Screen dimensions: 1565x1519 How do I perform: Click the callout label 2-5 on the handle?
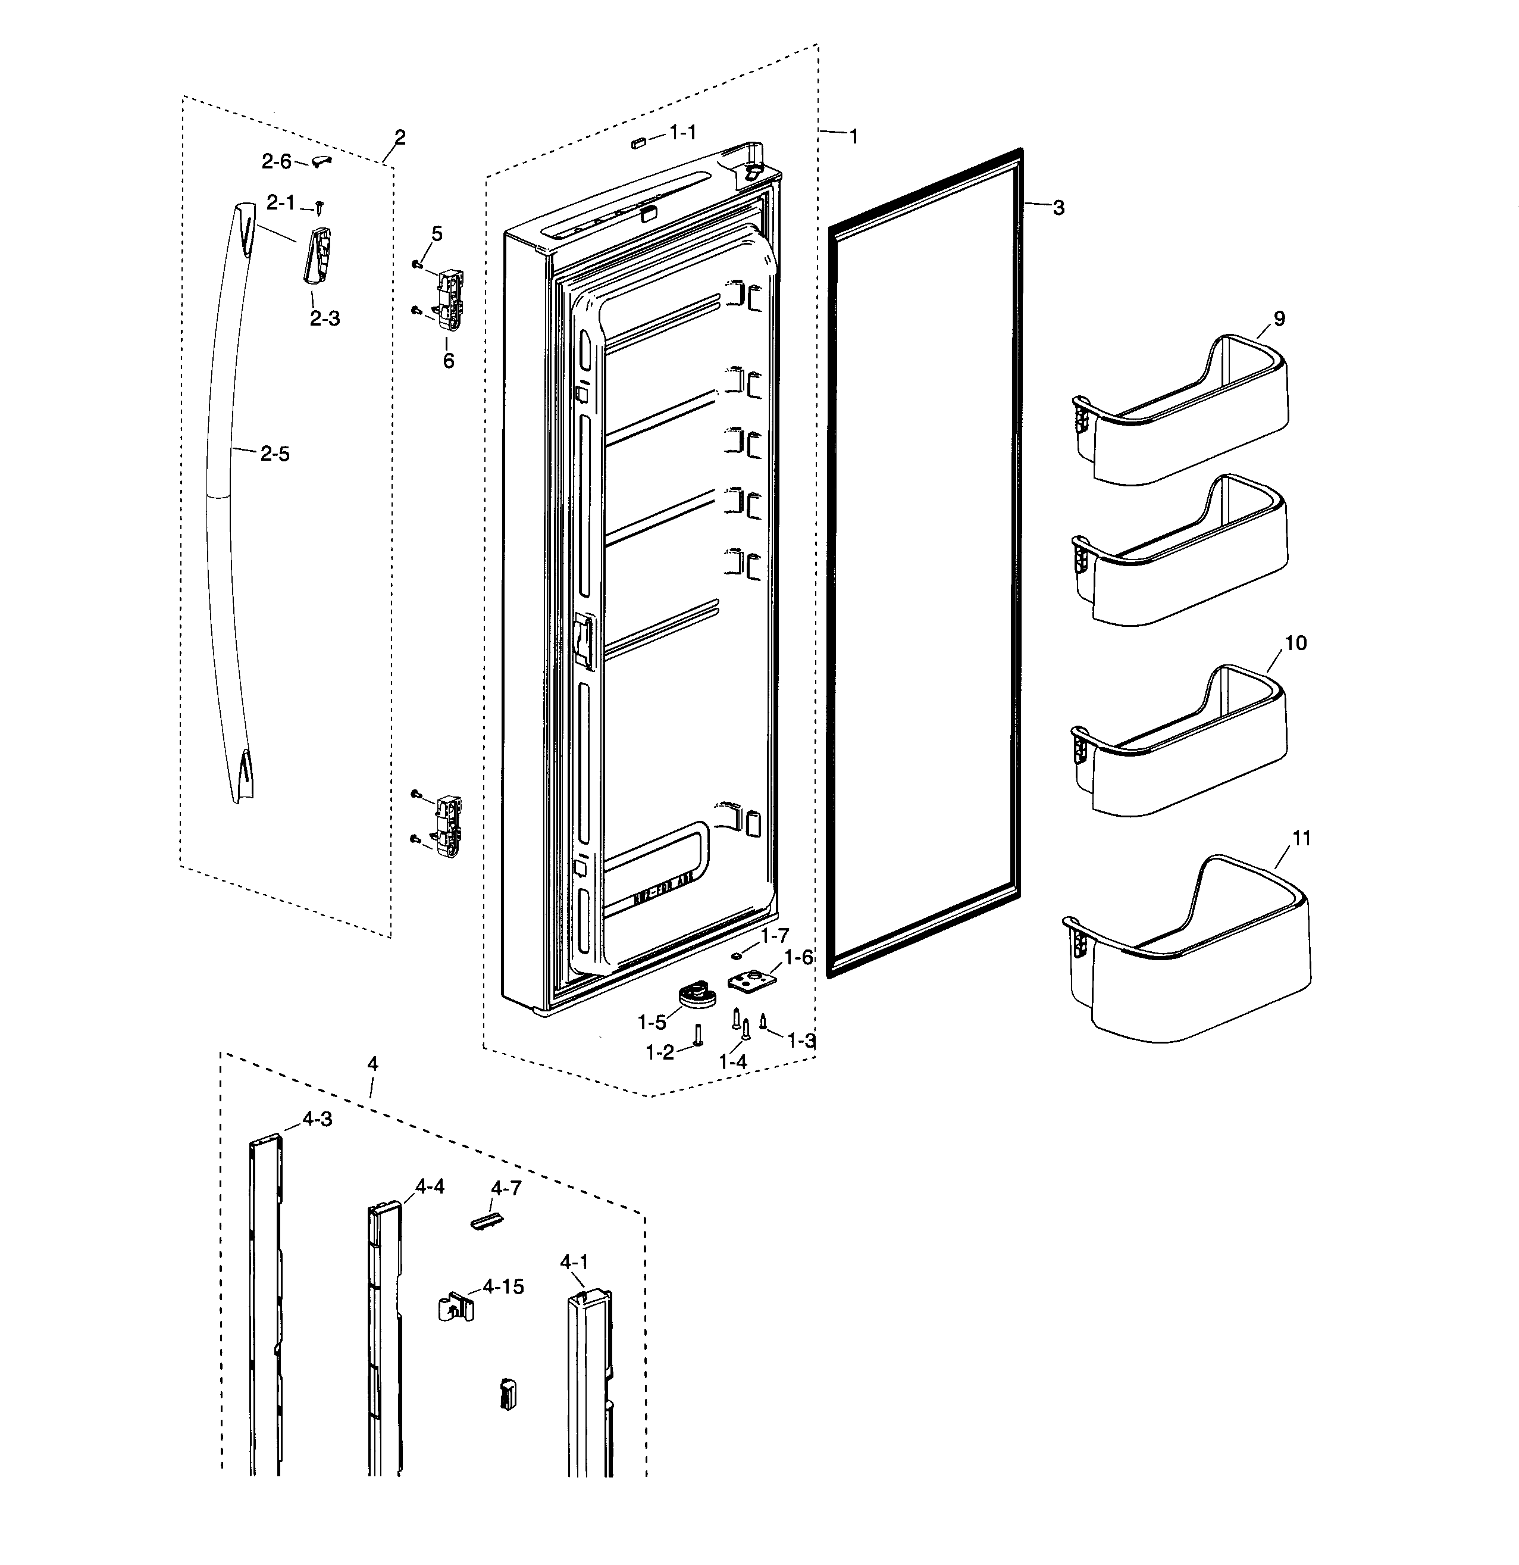(x=274, y=454)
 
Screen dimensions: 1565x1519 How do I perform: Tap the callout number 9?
(x=1280, y=318)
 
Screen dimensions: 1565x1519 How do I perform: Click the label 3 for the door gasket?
(x=1058, y=208)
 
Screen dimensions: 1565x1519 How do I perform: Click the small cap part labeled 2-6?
(x=321, y=161)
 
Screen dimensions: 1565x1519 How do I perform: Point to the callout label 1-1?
(x=682, y=133)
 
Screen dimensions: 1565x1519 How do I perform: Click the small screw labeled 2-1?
(x=320, y=208)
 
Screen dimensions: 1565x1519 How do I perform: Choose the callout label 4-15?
(x=503, y=1287)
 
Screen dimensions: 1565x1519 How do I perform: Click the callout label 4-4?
(x=430, y=1186)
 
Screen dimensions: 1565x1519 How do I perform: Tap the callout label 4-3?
(x=317, y=1120)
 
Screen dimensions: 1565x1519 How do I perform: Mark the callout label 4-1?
(x=574, y=1263)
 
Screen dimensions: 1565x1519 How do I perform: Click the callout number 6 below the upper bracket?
(x=449, y=361)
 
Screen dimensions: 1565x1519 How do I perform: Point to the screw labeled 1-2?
(x=698, y=1036)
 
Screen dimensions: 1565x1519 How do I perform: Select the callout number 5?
(x=437, y=234)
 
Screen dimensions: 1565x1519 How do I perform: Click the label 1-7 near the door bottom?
(x=774, y=935)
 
